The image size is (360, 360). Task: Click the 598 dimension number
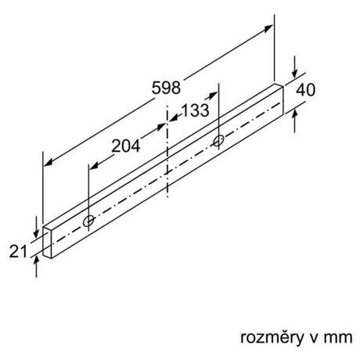[x=166, y=88]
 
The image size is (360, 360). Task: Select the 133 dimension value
[x=195, y=110]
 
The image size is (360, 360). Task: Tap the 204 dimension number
[x=126, y=146]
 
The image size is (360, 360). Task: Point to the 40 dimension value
[x=305, y=90]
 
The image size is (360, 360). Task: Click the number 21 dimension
[x=18, y=251]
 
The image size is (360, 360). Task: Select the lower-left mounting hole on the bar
[x=88, y=221]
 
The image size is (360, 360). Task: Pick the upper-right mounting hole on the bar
[x=218, y=141]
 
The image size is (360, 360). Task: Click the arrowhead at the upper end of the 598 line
[x=268, y=27]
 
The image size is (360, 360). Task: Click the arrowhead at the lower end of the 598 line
[x=49, y=163]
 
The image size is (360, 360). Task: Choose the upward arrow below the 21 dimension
[x=36, y=267]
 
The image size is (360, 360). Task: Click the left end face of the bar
[x=47, y=243]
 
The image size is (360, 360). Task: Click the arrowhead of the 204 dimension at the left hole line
[x=93, y=166]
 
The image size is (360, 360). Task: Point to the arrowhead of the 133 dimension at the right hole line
[x=213, y=95]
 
